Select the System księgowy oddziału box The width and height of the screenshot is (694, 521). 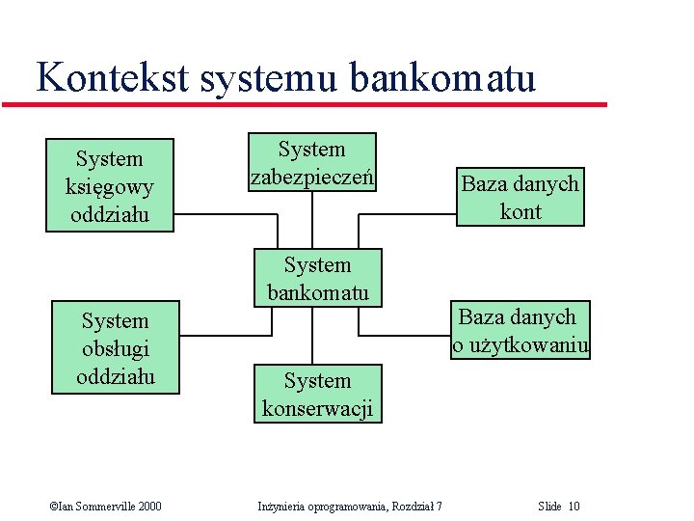coord(110,185)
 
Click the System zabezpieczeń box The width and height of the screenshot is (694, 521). coord(311,162)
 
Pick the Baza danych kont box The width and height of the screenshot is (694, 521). coord(520,197)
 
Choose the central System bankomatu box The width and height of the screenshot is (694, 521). coord(317,278)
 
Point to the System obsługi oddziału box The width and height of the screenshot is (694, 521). coord(115,347)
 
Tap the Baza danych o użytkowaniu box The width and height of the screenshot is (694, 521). coord(520,330)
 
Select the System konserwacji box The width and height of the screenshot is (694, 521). coord(317,394)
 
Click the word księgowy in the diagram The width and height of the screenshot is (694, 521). coord(110,186)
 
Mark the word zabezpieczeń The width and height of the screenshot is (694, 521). coord(311,178)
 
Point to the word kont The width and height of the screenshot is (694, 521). coord(520,211)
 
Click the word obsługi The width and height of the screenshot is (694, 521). coord(115,348)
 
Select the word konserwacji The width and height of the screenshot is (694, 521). coord(317,408)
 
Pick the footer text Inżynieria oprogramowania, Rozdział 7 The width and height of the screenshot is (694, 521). coord(351,507)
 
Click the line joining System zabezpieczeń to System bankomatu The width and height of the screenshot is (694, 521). coord(311,220)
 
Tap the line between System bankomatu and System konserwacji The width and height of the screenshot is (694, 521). coord(311,336)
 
